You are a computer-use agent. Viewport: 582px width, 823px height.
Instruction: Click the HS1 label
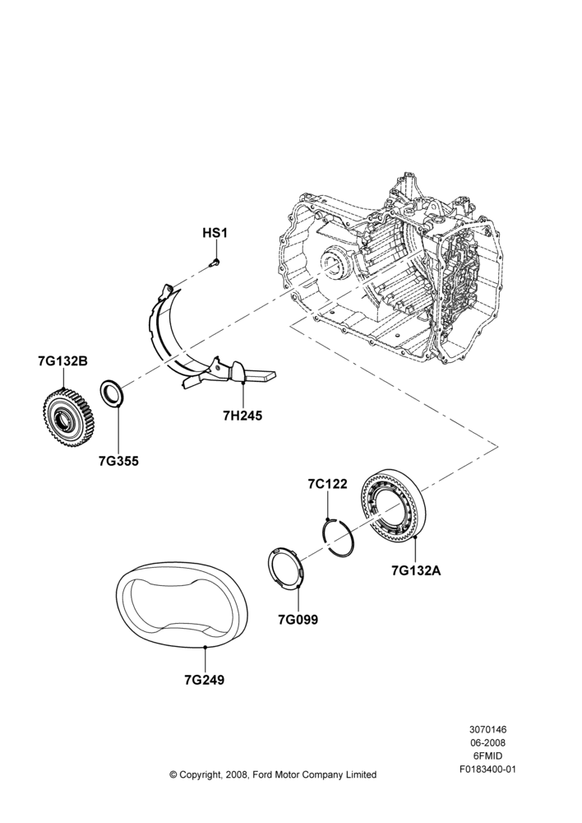point(215,233)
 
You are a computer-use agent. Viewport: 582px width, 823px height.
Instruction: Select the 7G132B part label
point(63,361)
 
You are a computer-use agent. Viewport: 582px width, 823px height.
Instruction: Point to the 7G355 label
point(118,461)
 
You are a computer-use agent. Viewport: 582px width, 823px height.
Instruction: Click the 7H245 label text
point(242,416)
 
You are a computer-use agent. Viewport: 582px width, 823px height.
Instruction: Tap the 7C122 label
point(328,484)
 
